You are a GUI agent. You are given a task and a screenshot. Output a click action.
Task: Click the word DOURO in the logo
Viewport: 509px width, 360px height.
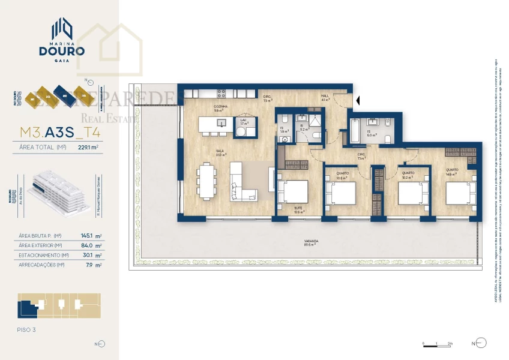click(62, 51)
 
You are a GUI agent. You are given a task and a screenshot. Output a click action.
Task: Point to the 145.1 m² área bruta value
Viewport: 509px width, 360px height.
click(91, 236)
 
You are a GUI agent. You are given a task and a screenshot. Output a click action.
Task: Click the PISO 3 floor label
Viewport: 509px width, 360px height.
click(28, 329)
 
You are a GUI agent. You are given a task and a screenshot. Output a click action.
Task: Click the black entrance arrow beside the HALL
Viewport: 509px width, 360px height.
click(358, 100)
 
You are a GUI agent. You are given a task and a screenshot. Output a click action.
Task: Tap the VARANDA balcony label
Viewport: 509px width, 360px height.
click(310, 242)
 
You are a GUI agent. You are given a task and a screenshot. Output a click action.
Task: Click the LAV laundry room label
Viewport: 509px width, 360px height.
click(244, 121)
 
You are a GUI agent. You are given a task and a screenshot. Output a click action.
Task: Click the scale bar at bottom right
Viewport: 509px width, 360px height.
click(438, 344)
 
